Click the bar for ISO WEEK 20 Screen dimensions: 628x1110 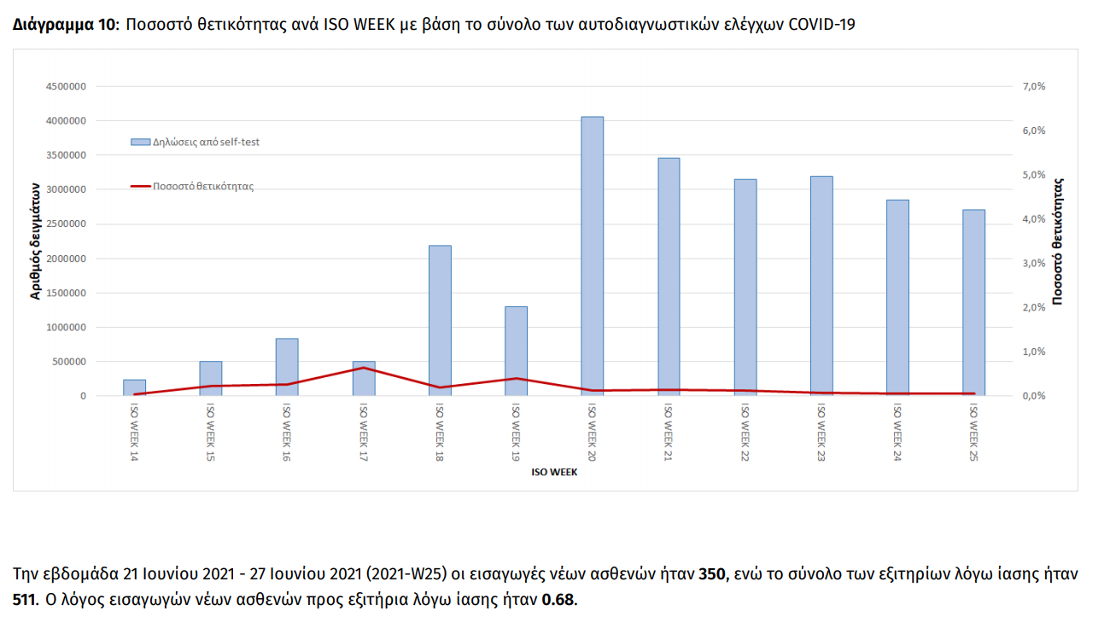point(593,256)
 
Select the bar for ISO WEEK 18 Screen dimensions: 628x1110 point(440,321)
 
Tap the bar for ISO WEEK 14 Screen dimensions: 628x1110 point(134,387)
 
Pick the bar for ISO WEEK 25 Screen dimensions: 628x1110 point(973,303)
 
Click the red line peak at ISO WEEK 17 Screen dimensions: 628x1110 point(364,368)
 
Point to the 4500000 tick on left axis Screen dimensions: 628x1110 point(64,86)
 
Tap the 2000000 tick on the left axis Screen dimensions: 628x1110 point(64,259)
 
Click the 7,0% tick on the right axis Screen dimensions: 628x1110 point(1034,86)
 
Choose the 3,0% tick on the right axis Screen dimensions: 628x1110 point(1034,263)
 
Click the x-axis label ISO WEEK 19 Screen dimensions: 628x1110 point(516,432)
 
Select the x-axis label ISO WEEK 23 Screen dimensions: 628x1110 point(821,432)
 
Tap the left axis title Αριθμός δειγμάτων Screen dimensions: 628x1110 point(37,243)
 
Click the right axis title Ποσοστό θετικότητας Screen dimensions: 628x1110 point(1058,241)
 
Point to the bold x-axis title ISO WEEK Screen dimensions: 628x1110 point(553,472)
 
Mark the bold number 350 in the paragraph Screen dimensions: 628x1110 point(711,574)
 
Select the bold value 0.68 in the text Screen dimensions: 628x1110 point(559,600)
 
